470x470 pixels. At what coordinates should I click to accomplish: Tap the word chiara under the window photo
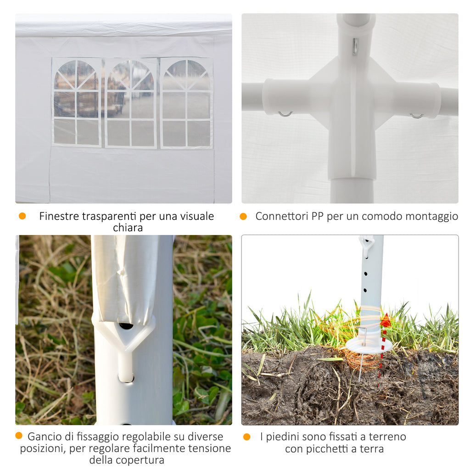click(x=128, y=228)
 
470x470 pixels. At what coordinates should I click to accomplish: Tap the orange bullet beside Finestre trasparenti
click(x=22, y=216)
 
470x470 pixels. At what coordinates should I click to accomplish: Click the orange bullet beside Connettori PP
click(x=243, y=216)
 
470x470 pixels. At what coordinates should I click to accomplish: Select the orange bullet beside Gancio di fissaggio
click(x=18, y=436)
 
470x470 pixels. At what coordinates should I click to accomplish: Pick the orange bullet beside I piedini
click(x=247, y=437)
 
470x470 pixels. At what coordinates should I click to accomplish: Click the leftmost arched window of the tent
click(x=77, y=102)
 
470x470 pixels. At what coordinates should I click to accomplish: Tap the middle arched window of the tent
click(x=131, y=103)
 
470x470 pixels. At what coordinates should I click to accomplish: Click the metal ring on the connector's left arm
click(x=285, y=114)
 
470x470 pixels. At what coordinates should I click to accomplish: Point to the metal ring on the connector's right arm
click(x=417, y=116)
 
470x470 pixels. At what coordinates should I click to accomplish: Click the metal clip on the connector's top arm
click(x=355, y=46)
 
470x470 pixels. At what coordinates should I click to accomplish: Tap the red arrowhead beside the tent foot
click(x=385, y=320)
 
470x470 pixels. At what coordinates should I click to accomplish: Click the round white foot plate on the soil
click(x=369, y=345)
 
